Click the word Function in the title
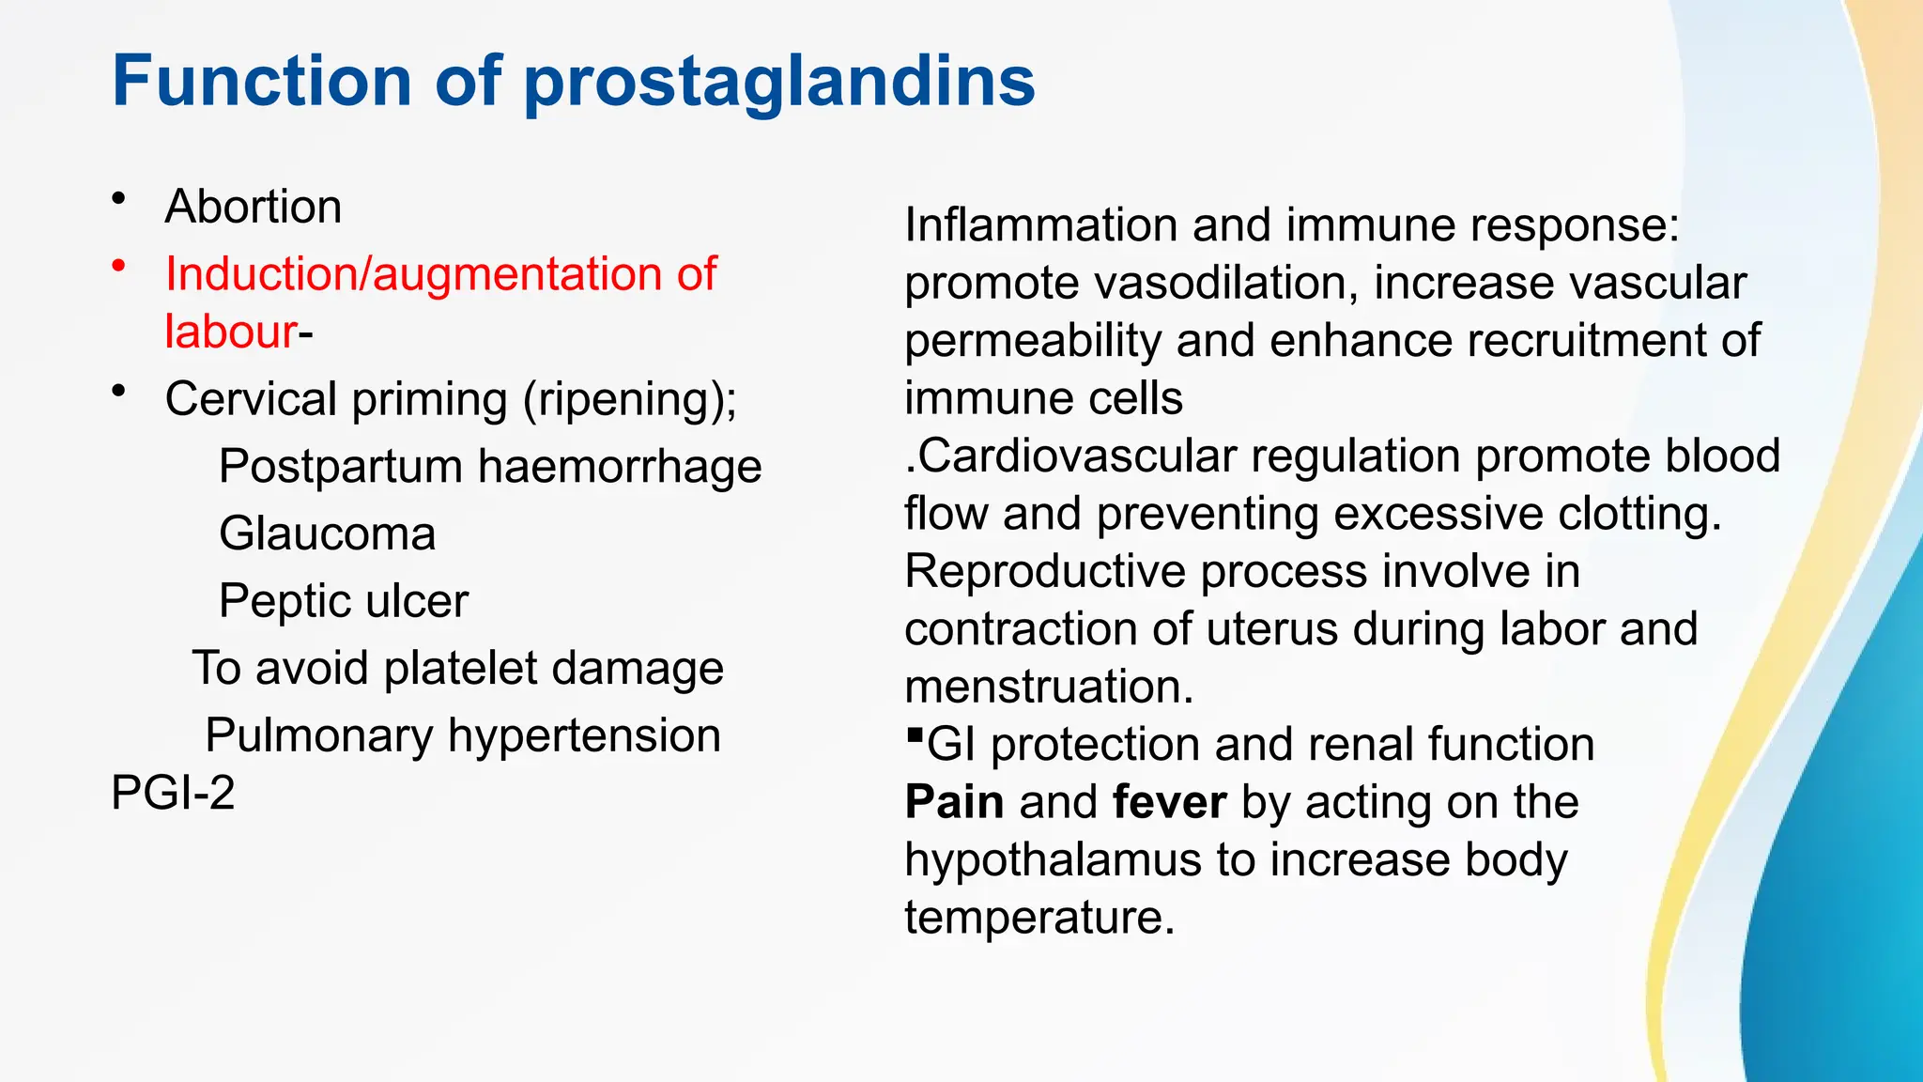click(x=261, y=81)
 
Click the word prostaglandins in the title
click(x=778, y=83)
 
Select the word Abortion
click(x=253, y=207)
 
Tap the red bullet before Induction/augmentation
click(x=118, y=267)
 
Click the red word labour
click(x=230, y=332)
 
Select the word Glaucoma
click(x=327, y=534)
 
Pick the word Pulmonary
click(x=319, y=735)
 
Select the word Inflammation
click(x=1040, y=225)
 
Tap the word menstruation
click(x=1049, y=687)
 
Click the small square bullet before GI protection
click(x=915, y=734)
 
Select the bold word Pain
click(x=954, y=802)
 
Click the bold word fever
click(x=1169, y=802)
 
